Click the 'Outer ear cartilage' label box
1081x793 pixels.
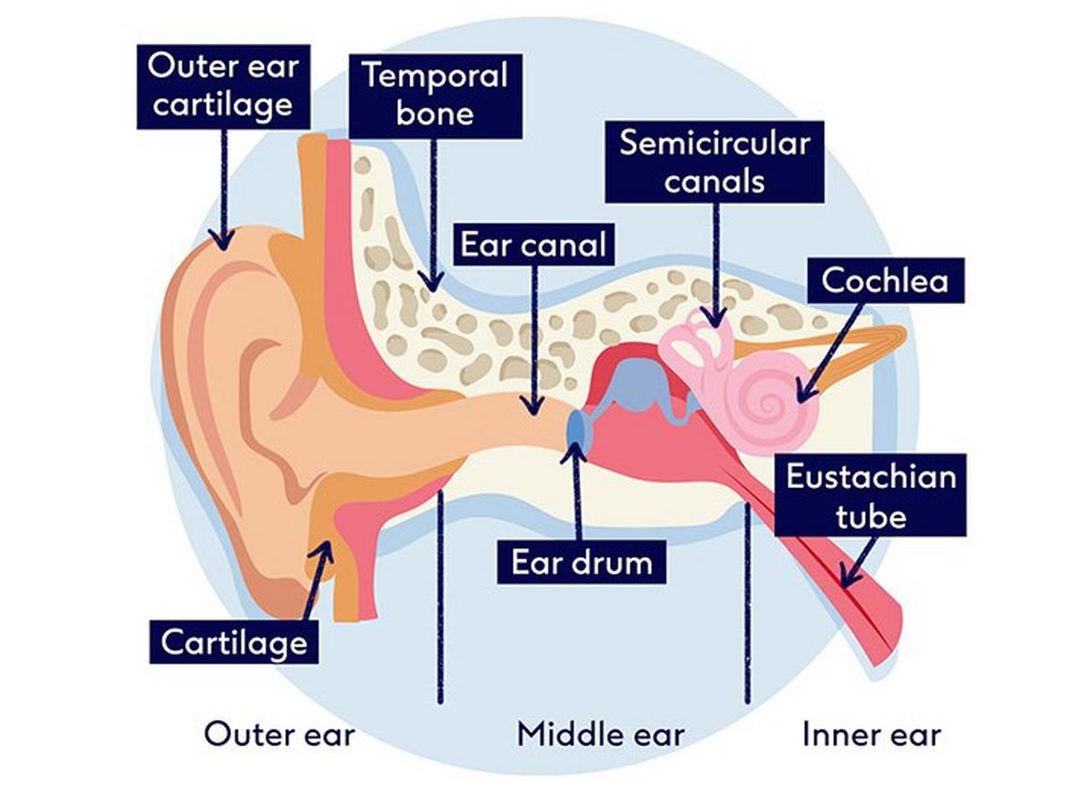click(223, 85)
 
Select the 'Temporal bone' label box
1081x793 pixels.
click(435, 94)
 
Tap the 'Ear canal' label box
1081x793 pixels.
click(533, 244)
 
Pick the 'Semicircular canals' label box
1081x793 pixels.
click(714, 161)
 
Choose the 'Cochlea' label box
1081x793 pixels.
click(885, 280)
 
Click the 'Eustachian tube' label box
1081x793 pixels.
click(871, 496)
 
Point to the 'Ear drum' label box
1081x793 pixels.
click(581, 563)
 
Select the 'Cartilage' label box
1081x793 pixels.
click(234, 643)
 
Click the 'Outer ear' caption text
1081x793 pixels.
click(280, 734)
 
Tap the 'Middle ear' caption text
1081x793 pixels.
click(601, 734)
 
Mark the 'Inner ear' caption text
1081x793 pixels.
click(871, 734)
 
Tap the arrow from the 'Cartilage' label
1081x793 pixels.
click(319, 582)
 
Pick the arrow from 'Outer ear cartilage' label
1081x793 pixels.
click(223, 188)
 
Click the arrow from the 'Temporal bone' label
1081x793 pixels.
click(433, 216)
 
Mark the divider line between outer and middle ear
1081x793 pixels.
click(439, 601)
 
